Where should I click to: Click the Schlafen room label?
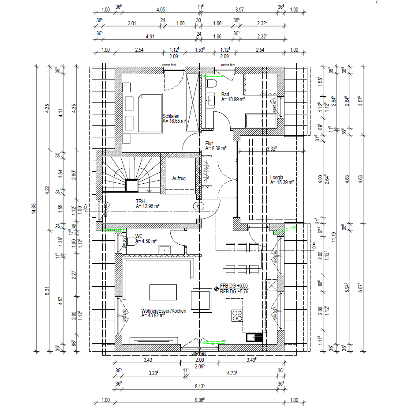click(x=170, y=116)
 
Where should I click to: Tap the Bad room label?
click(x=225, y=94)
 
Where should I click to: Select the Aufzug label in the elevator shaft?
click(x=179, y=178)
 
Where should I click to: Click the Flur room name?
click(x=209, y=144)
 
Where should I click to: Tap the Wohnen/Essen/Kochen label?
click(x=164, y=311)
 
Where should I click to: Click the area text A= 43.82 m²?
click(x=153, y=316)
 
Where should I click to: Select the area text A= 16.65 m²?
click(x=175, y=121)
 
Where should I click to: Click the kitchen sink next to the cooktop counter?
click(x=255, y=337)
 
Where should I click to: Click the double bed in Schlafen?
click(x=150, y=113)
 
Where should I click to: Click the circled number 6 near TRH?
click(x=198, y=206)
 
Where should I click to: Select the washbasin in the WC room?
click(x=164, y=249)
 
